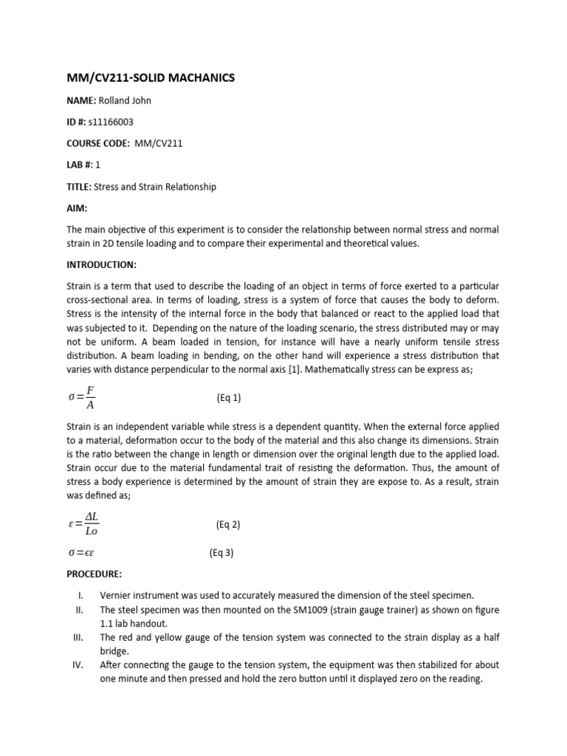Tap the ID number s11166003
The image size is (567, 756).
111,121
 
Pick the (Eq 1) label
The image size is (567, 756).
229,398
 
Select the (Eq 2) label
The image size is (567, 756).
228,525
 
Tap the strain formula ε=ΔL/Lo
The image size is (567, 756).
82,525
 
